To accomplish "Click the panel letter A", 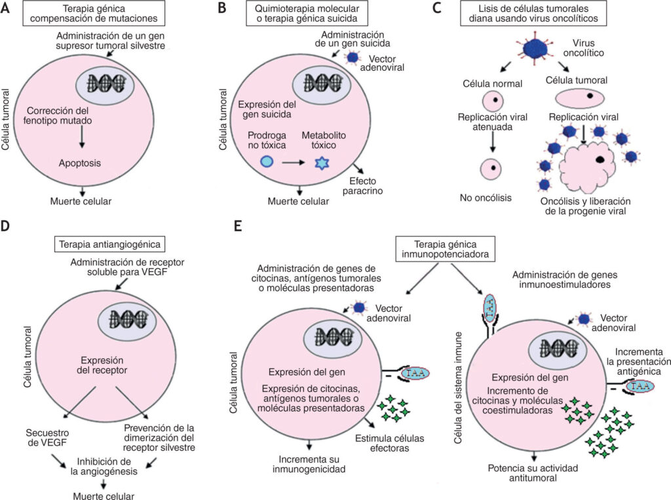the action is [x=5, y=8].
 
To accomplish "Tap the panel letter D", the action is [x=5, y=225].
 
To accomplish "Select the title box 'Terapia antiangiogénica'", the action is [x=109, y=244].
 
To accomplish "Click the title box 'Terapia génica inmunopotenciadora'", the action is [x=445, y=249].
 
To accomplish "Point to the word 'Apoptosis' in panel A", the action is [x=80, y=163].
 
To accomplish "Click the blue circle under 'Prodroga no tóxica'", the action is [x=267, y=161].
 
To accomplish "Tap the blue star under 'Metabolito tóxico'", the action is [x=322, y=163].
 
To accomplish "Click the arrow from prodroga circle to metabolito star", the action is [x=293, y=163].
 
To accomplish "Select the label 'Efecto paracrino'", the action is [x=363, y=186].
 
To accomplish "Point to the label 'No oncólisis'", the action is [x=486, y=198].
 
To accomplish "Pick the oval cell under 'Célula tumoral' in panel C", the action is [x=580, y=98].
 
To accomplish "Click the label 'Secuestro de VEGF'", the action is [x=47, y=438].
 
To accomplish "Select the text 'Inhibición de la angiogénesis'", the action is [x=104, y=467].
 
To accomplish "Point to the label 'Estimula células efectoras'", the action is [x=390, y=444].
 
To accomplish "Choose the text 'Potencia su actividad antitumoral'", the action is [x=533, y=473].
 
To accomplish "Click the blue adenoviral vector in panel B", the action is [x=353, y=57].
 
